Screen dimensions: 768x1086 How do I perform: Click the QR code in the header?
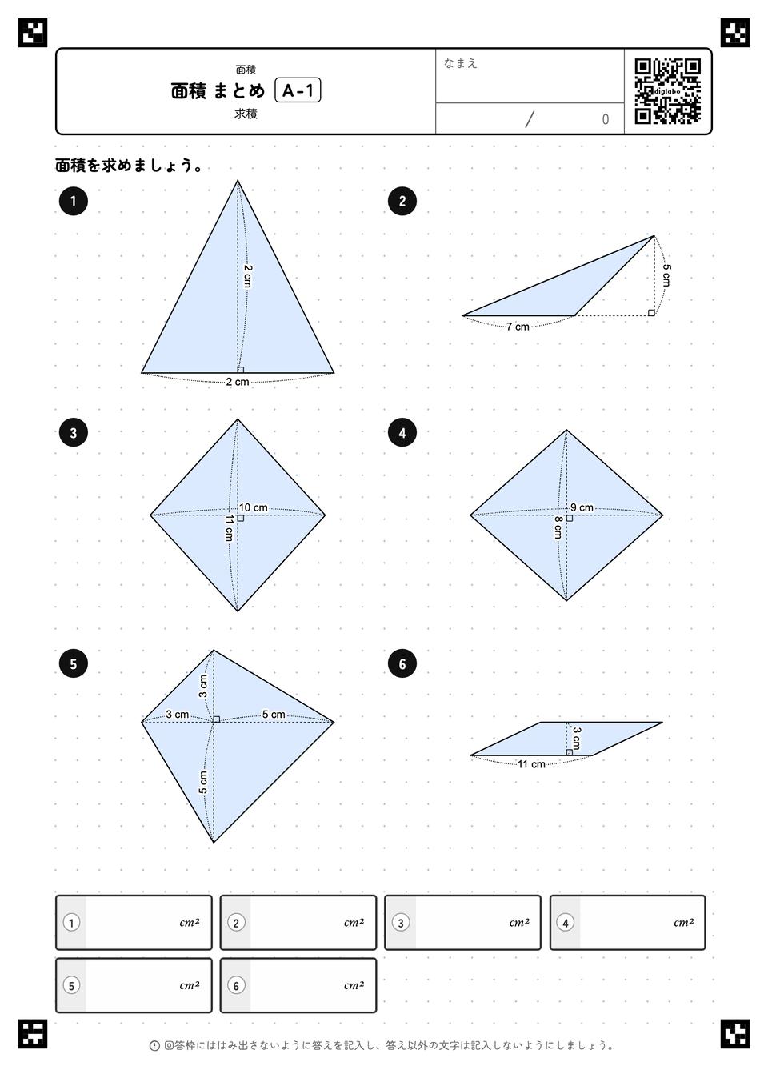668,91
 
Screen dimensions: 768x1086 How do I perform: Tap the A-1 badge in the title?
298,90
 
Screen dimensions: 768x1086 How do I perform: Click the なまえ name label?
460,63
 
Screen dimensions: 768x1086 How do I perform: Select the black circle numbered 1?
73,201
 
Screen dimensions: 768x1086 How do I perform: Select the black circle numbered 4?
402,433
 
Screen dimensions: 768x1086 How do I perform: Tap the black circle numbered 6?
402,663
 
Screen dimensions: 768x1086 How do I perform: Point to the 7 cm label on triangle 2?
518,327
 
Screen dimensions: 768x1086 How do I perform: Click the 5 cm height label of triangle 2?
666,275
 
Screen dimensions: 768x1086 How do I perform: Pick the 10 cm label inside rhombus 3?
253,507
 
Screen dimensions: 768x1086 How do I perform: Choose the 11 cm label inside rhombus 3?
229,528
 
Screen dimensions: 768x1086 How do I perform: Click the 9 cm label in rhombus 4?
582,507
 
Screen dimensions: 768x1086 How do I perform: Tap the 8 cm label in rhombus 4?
558,527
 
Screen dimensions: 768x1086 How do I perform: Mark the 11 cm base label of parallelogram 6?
531,764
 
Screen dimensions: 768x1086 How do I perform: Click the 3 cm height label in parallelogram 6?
576,738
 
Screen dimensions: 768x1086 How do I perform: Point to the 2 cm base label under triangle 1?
238,382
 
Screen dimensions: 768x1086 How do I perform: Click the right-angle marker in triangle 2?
651,313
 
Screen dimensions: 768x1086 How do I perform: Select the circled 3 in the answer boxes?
401,923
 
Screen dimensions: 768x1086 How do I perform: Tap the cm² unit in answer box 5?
190,986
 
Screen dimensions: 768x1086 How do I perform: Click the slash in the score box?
530,119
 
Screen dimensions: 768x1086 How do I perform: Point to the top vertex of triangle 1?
238,180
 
